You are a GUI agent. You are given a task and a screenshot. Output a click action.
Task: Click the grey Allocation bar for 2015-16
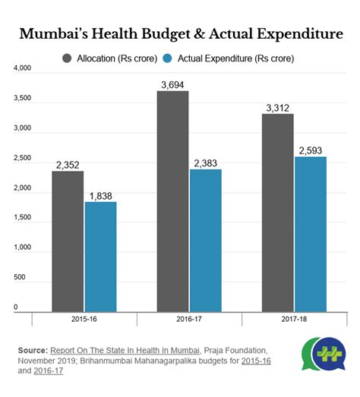coord(68,241)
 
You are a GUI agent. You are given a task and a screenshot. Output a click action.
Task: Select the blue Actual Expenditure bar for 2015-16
coord(100,256)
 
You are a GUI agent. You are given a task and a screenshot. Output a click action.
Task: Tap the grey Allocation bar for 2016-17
coord(172,200)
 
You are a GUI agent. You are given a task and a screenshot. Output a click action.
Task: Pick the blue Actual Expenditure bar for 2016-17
coord(205,240)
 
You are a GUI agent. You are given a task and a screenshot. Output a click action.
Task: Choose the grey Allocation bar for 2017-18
coord(277,212)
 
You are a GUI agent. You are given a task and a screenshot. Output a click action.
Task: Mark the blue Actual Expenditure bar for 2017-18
coord(310,234)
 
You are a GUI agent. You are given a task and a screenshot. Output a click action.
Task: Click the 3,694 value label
coord(172,83)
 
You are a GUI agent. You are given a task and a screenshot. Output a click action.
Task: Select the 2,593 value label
coord(310,150)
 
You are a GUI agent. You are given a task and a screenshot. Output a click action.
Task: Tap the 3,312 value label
coord(277,107)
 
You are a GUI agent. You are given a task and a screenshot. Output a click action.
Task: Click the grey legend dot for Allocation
coord(67,58)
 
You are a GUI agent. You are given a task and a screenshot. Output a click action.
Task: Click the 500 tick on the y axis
coord(22,277)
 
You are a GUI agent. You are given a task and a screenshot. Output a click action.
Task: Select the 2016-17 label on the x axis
coord(188,320)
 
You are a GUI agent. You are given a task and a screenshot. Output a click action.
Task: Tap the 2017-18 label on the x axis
coord(293,320)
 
